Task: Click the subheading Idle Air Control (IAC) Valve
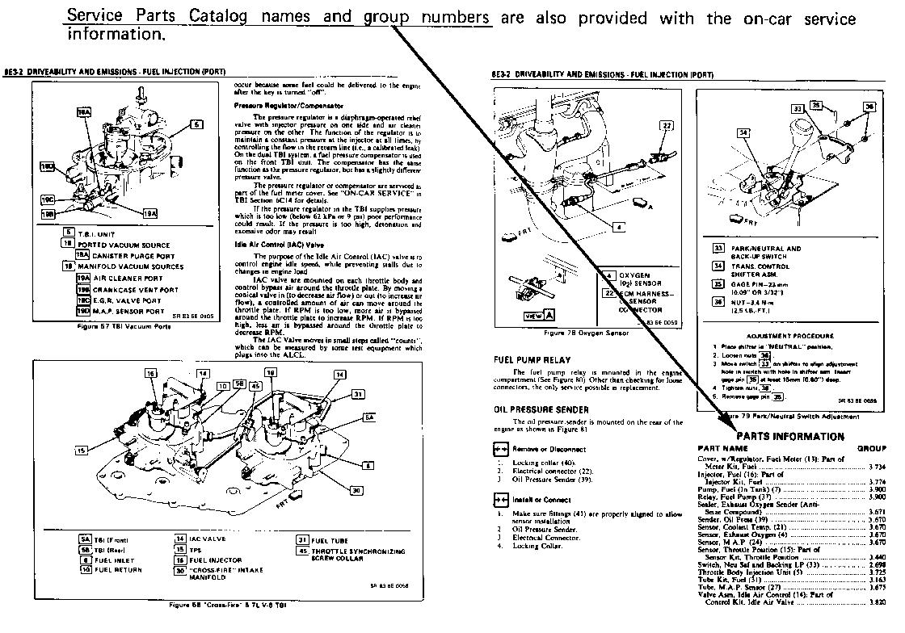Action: (x=276, y=243)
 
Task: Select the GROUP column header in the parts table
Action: (x=871, y=448)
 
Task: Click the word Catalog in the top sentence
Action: (x=211, y=18)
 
